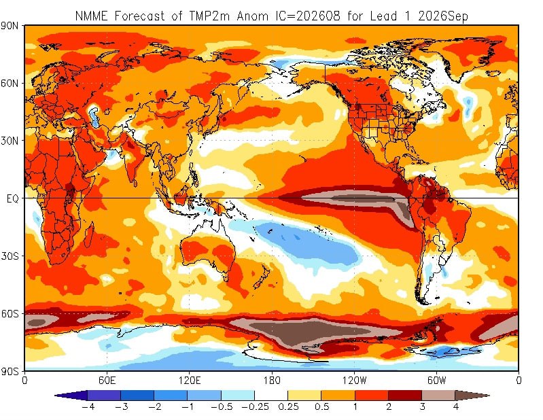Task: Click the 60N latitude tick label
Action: (x=10, y=84)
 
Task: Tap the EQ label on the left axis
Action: (x=12, y=198)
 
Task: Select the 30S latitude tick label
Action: (x=10, y=256)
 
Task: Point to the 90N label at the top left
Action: (x=10, y=26)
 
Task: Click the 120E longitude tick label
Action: (x=189, y=381)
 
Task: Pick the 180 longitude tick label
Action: (x=272, y=381)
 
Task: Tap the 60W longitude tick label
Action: (x=436, y=381)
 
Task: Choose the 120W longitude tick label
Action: (x=354, y=381)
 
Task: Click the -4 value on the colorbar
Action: (x=88, y=406)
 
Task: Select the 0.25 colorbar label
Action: (x=288, y=406)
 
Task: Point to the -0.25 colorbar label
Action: (x=255, y=406)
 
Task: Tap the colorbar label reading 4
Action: (x=455, y=406)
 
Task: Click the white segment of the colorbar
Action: (x=271, y=396)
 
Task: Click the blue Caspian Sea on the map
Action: (x=93, y=116)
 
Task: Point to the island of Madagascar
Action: (x=89, y=235)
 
